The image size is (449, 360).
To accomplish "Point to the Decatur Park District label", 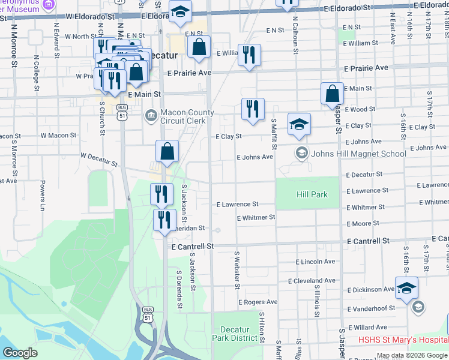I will point(238,334).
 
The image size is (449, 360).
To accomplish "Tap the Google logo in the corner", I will point(20,352).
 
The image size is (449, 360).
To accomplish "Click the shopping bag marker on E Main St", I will point(332,94).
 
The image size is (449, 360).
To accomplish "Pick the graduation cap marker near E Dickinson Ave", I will point(406,288).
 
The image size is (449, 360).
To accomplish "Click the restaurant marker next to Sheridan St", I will point(162,220).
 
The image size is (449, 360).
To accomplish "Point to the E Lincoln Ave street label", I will point(315,262).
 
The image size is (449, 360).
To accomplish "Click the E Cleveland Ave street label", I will point(312,281).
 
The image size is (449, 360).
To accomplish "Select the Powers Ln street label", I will point(43,195).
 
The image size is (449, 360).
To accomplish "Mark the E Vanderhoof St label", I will point(371,308).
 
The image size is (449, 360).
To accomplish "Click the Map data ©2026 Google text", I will point(412,356).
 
